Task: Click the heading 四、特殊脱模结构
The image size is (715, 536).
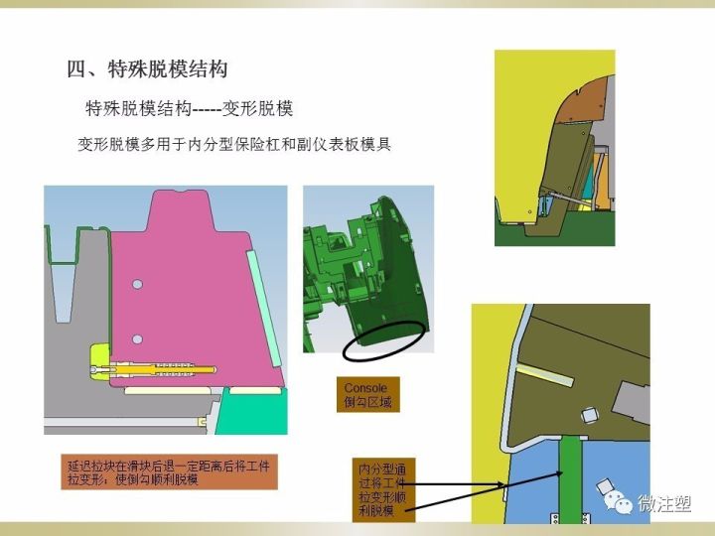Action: (147, 69)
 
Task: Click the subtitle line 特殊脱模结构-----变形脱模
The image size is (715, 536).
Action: (189, 109)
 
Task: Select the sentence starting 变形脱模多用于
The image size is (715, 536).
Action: (234, 145)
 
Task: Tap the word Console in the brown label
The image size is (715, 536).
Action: (365, 388)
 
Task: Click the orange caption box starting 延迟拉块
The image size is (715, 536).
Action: (169, 471)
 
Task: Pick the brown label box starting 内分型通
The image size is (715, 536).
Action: (383, 490)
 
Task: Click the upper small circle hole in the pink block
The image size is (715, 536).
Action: (137, 285)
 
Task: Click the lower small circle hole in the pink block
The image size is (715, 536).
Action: (137, 339)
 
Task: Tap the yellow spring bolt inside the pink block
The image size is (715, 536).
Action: (155, 369)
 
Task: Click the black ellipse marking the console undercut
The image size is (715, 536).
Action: (384, 340)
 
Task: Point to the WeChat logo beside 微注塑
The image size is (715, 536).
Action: (618, 503)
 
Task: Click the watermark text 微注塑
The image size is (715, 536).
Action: (664, 503)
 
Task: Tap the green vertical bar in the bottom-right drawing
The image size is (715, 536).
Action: (570, 479)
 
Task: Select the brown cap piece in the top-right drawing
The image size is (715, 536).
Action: (582, 100)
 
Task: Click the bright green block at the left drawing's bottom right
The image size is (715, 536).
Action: (252, 413)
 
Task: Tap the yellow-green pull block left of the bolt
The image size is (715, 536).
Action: (100, 361)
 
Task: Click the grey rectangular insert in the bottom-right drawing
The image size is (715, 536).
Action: (632, 403)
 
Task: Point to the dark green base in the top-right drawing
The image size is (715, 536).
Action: (554, 233)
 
